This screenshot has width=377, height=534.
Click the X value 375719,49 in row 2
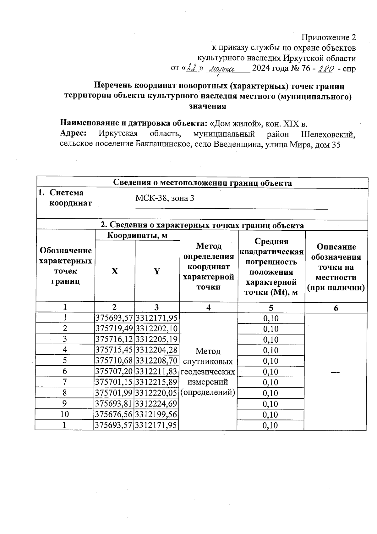tap(114, 329)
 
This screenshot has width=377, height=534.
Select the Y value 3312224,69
tap(156, 404)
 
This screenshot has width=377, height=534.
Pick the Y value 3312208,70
tap(156, 361)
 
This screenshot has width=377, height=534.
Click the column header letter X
tap(115, 271)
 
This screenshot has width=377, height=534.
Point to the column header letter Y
tap(157, 271)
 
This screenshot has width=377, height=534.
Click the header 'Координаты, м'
tap(137, 235)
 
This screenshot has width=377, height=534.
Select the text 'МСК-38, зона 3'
tap(165, 198)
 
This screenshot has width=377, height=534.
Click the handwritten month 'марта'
tap(222, 69)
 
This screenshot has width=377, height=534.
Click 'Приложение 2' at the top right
tap(329, 37)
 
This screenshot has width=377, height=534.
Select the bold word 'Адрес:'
tap(73, 133)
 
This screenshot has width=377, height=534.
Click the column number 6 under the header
tap(336, 308)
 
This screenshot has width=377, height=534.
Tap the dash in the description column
tap(335, 372)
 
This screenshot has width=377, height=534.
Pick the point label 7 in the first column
tap(65, 382)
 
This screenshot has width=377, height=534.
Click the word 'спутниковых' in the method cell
tap(208, 362)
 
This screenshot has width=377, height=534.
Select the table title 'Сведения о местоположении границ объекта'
tap(202, 183)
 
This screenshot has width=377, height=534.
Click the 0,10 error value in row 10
tap(270, 415)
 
